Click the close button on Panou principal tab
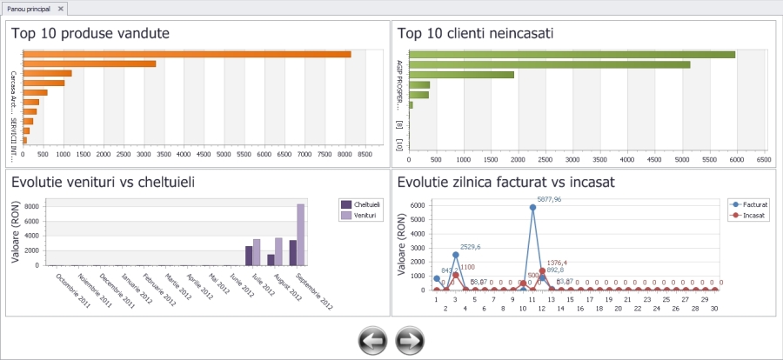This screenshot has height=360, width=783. click(61, 7)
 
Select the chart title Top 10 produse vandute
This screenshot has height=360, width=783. click(90, 34)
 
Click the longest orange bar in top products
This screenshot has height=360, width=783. click(187, 54)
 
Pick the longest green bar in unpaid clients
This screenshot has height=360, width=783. click(572, 54)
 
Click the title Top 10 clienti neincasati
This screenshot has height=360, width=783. click(476, 34)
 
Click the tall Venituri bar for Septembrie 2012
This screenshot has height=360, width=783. click(301, 234)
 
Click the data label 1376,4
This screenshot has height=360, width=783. click(557, 262)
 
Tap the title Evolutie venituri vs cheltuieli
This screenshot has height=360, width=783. click(103, 183)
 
